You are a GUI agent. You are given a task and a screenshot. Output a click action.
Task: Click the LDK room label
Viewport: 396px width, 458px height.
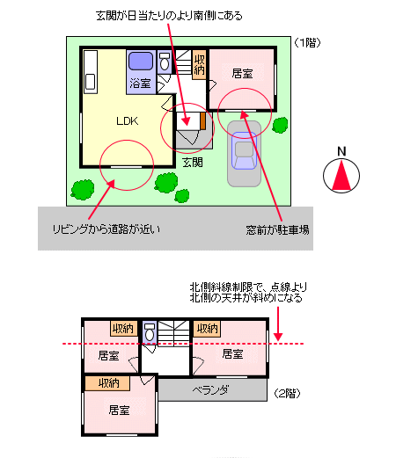pos(127,120)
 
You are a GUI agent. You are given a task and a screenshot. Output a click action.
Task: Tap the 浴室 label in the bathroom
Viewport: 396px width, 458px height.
pos(140,84)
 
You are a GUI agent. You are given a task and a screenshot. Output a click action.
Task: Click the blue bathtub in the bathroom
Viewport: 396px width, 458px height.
pos(141,61)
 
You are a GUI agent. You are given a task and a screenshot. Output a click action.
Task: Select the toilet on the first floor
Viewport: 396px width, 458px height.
pos(165,62)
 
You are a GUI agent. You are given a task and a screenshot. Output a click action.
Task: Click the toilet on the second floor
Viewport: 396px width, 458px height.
pos(150,332)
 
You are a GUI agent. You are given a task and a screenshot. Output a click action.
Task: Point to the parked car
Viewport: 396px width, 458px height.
pos(244,150)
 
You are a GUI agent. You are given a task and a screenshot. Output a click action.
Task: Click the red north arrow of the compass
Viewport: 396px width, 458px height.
pos(341,175)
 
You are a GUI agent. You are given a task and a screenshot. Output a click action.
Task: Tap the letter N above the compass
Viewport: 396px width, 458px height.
pos(341,151)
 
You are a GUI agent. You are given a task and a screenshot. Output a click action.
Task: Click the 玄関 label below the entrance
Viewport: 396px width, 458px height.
pos(193,163)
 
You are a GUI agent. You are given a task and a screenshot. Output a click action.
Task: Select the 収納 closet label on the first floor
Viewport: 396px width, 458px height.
pos(199,65)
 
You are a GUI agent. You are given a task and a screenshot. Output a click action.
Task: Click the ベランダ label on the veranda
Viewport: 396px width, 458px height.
pos(210,390)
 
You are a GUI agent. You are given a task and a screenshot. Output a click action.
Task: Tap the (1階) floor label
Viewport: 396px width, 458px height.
pos(307,43)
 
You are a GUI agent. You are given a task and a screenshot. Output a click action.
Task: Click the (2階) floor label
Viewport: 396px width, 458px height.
pos(287,393)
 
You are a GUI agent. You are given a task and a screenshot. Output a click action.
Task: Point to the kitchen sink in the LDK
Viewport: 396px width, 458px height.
pos(90,81)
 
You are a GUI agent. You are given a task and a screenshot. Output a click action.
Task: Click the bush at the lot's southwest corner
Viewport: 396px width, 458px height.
pos(83,190)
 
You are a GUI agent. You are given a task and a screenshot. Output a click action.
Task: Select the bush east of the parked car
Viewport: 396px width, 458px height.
pos(280,125)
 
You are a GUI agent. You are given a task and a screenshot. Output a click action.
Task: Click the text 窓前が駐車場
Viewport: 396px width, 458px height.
pos(277,230)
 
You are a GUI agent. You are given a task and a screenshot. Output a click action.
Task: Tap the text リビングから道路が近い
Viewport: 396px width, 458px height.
pos(106,229)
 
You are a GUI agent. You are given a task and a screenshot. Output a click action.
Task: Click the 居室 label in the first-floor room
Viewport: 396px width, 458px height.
pos(242,73)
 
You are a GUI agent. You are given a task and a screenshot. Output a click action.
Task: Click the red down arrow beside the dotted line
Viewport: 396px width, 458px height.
pos(278,324)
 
